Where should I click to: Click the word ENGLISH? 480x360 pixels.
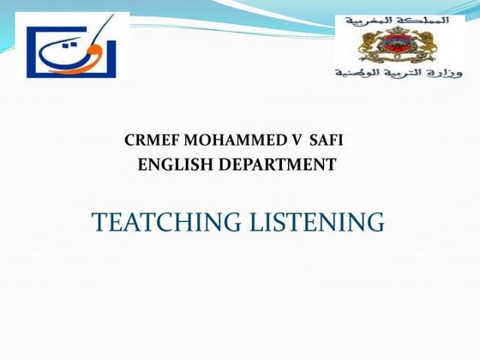point(176,165)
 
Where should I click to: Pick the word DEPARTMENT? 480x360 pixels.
point(278,165)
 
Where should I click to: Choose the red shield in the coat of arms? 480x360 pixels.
point(398,43)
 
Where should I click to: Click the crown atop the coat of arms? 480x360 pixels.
point(398,29)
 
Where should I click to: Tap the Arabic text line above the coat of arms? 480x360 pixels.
point(397,18)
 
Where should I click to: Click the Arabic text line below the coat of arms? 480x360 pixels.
point(397,72)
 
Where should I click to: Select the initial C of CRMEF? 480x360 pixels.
point(129,140)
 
